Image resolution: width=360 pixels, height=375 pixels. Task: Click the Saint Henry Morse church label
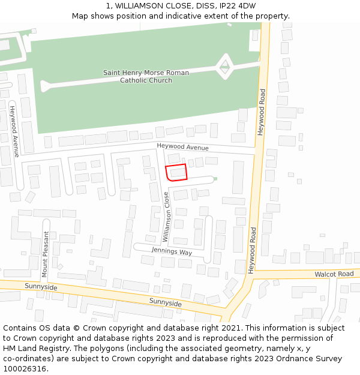click(146, 76)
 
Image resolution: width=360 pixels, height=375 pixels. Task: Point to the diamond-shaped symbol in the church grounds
click(225, 67)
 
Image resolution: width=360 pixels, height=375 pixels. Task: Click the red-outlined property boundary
click(176, 172)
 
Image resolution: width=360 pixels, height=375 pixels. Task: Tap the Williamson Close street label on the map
click(167, 217)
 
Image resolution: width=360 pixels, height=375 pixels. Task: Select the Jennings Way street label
click(172, 251)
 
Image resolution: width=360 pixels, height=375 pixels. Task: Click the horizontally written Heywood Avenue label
click(182, 147)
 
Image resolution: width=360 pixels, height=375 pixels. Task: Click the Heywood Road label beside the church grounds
click(261, 112)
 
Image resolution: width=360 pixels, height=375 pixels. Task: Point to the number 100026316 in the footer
click(25, 369)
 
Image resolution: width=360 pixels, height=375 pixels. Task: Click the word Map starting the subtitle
click(81, 16)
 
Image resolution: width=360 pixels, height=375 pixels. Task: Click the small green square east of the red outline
click(215, 178)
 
